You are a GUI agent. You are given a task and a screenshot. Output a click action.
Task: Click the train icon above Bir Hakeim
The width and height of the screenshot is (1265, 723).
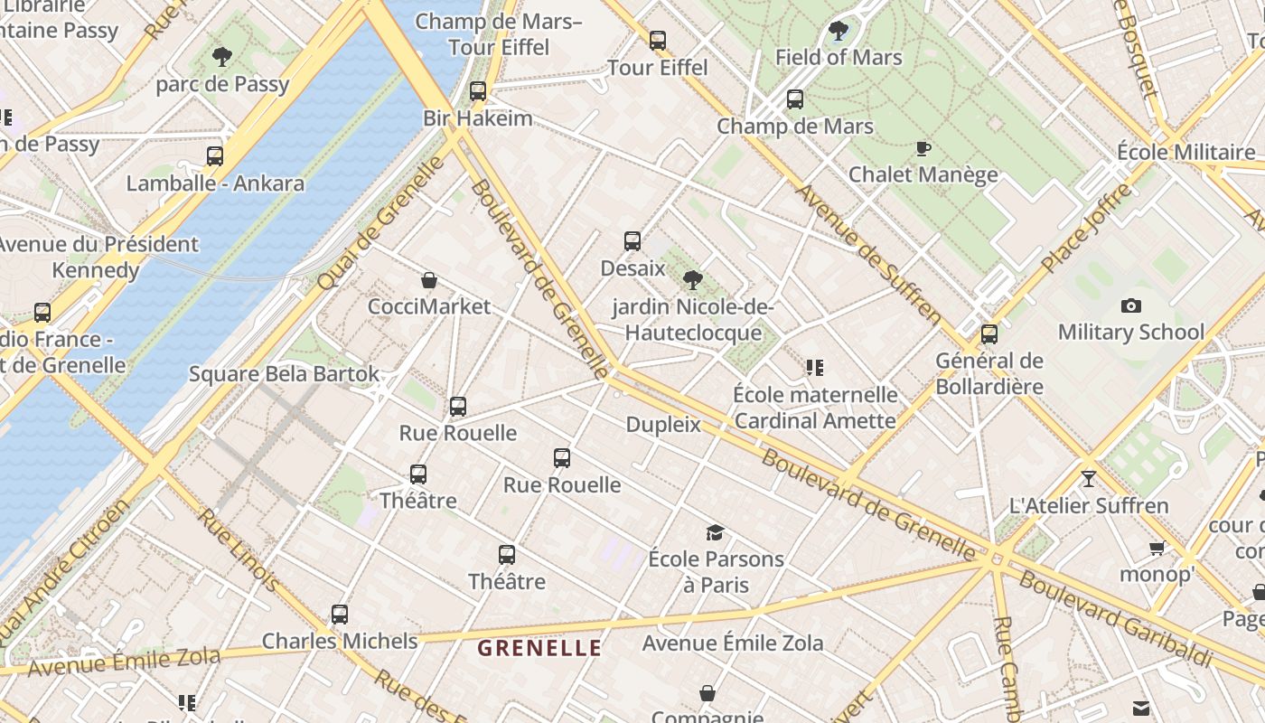pyautogui.click(x=478, y=91)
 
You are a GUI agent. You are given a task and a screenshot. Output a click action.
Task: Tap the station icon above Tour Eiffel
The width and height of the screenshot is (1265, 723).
pyautogui.click(x=658, y=41)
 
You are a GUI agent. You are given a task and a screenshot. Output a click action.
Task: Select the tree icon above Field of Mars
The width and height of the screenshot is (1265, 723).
pyautogui.click(x=839, y=31)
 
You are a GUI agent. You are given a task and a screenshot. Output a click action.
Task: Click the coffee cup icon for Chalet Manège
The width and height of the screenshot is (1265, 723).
pyautogui.click(x=923, y=148)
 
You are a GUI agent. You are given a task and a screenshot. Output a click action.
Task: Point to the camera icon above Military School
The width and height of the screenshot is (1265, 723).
pyautogui.click(x=1130, y=306)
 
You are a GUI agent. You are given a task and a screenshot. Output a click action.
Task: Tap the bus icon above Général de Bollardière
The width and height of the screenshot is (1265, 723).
pyautogui.click(x=989, y=334)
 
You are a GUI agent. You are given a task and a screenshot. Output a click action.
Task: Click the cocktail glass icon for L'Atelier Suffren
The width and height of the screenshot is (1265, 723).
pyautogui.click(x=1089, y=479)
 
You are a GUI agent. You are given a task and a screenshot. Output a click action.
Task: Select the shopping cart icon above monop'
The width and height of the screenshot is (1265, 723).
pyautogui.click(x=1157, y=548)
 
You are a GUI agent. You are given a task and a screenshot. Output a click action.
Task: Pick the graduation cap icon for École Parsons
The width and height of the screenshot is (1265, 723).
pyautogui.click(x=716, y=532)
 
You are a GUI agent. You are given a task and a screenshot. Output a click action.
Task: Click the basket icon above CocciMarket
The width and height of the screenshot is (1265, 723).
pyautogui.click(x=429, y=280)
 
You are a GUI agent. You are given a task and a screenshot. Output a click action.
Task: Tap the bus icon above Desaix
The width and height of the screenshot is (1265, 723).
pyautogui.click(x=632, y=241)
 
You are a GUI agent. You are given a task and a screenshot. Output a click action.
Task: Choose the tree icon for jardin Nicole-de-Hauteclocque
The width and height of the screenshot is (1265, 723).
pyautogui.click(x=693, y=280)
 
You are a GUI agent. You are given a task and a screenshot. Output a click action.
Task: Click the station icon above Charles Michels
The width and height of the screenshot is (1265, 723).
pyautogui.click(x=340, y=615)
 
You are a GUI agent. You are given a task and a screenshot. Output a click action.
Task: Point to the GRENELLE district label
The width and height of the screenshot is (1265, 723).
pyautogui.click(x=539, y=648)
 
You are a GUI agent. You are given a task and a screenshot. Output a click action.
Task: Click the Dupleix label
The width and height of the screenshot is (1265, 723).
pyautogui.click(x=663, y=424)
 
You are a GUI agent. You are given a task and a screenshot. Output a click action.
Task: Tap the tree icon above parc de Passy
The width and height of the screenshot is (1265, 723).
pyautogui.click(x=222, y=58)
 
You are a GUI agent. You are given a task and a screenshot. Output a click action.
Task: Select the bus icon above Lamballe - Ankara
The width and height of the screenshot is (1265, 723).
pyautogui.click(x=215, y=156)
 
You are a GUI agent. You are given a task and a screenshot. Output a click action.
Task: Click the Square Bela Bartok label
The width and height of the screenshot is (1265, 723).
pyautogui.click(x=284, y=374)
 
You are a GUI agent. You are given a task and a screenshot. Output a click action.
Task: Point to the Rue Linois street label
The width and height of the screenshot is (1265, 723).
pyautogui.click(x=239, y=550)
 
